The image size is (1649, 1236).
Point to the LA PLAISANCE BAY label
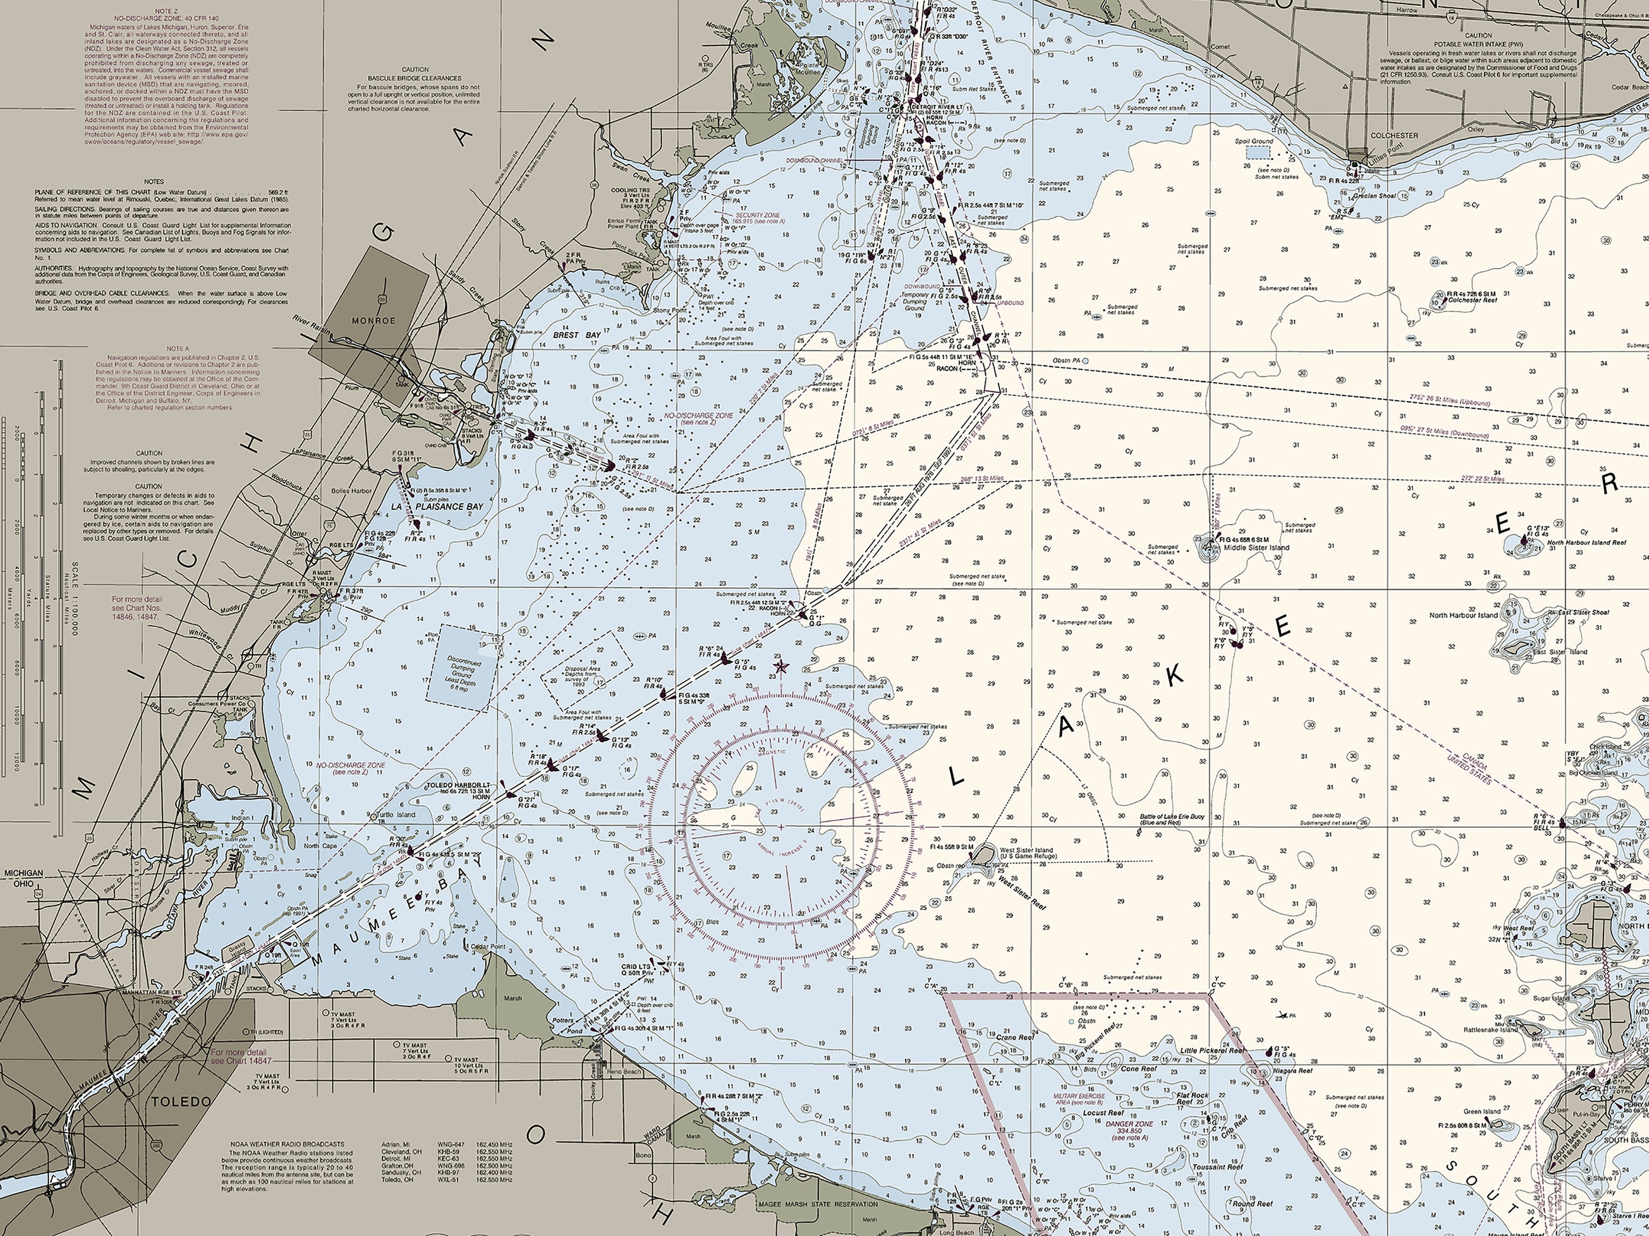point(438,506)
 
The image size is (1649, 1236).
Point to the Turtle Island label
point(395,814)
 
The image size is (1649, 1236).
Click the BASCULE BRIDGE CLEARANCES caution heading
point(415,77)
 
